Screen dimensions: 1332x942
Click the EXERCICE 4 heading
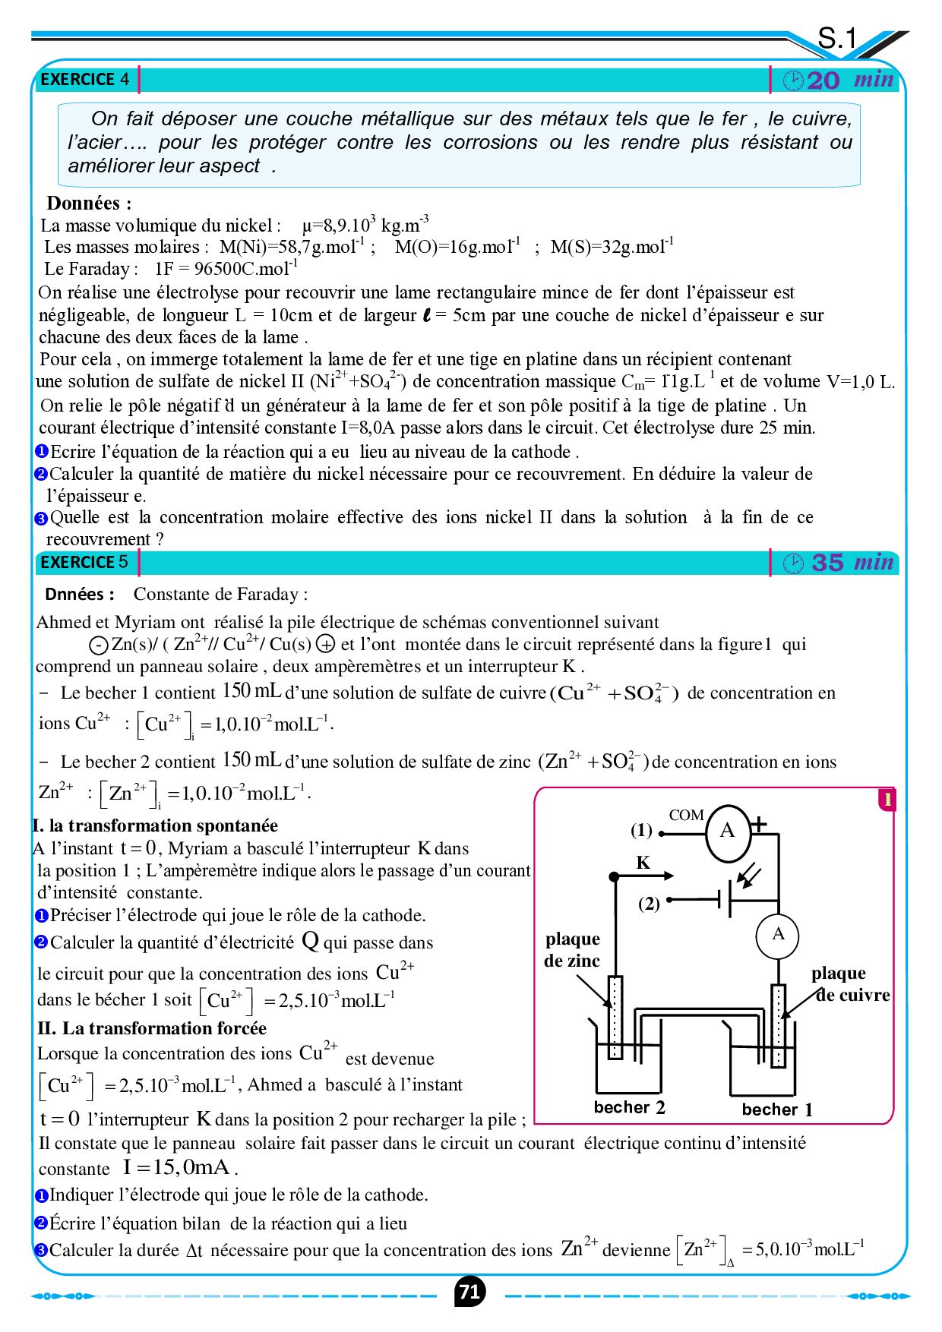coord(84,79)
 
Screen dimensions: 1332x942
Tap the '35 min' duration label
coord(840,563)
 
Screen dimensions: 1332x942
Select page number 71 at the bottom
coord(470,1291)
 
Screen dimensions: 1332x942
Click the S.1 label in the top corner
coord(837,38)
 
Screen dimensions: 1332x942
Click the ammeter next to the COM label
coord(728,831)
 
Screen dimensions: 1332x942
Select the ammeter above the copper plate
coord(778,935)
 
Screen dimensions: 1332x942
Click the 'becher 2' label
coord(629,1107)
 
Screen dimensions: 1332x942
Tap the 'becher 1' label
coord(777,1109)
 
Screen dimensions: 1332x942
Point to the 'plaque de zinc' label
coord(572,950)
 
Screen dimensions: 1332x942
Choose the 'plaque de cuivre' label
coord(849,984)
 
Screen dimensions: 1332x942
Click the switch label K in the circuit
coord(643,863)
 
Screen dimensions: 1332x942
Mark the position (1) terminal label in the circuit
coord(641,831)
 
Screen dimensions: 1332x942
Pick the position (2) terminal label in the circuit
coord(649,904)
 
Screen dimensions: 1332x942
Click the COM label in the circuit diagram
coord(686,815)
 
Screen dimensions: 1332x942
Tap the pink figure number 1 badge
coord(886,799)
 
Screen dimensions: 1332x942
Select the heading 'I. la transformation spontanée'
coord(155,825)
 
